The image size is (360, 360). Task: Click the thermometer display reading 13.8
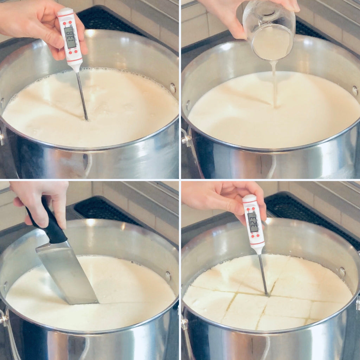pos(70,37)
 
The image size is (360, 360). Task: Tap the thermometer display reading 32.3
pos(253,222)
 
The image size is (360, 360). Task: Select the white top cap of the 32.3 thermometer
pos(249,199)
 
